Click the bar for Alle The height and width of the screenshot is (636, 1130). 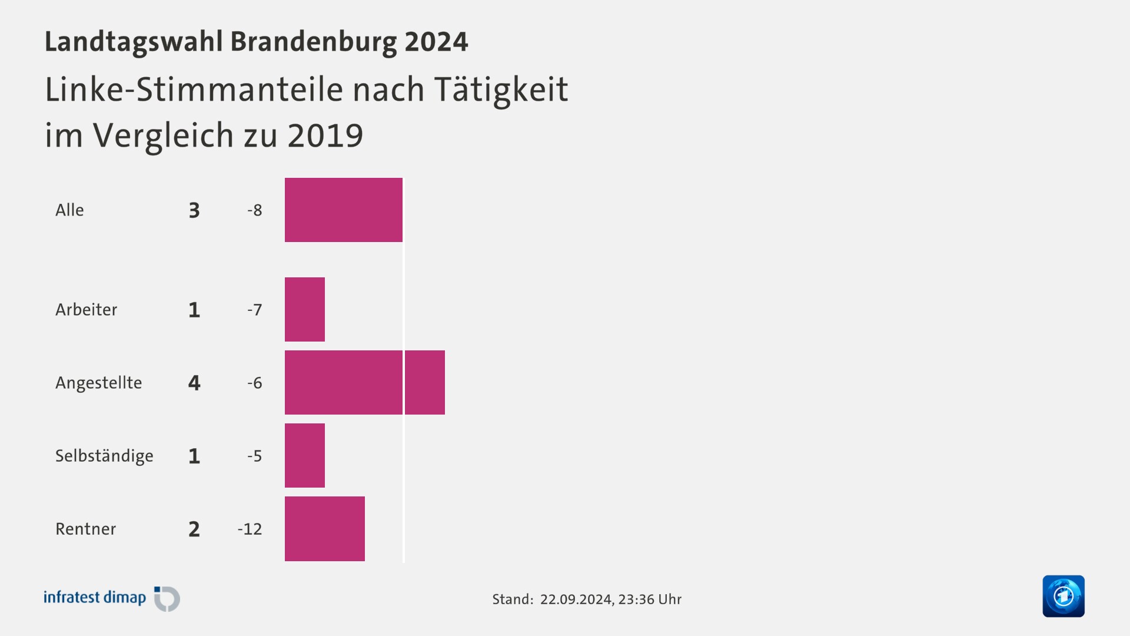[x=344, y=210]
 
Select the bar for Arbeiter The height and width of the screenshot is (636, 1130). [x=305, y=309]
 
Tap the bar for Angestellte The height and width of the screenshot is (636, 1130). [x=365, y=382]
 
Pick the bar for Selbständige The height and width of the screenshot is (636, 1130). [x=305, y=455]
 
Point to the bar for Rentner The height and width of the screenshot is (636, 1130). [x=325, y=528]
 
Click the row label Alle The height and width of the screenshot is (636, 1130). [x=69, y=210]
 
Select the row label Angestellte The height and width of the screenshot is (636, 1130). [x=98, y=383]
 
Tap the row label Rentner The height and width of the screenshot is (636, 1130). [x=85, y=529]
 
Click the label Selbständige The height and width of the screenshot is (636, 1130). [x=104, y=456]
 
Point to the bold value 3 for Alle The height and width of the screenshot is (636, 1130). [x=194, y=210]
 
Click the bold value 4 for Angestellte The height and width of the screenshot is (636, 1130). [x=194, y=383]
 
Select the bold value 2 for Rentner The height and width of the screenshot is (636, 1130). [x=194, y=529]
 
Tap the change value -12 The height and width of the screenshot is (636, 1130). [x=250, y=529]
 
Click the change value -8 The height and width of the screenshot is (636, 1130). [x=254, y=210]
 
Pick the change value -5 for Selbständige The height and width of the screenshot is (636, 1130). [x=254, y=456]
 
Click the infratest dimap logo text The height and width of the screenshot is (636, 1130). [x=95, y=598]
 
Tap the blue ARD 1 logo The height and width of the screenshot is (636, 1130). [x=1063, y=596]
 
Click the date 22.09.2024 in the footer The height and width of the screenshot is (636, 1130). [x=576, y=599]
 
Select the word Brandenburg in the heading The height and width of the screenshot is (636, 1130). [x=313, y=42]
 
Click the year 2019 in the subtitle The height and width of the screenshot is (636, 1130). [x=325, y=135]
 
